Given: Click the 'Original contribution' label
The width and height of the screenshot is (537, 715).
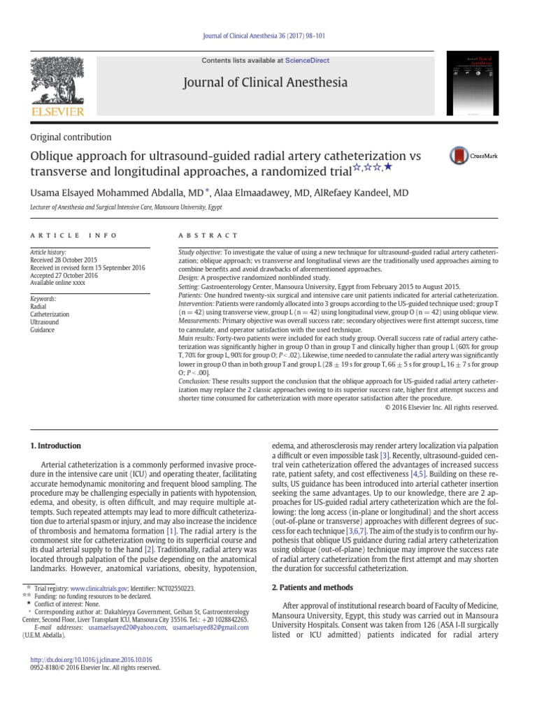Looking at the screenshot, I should coord(71,138).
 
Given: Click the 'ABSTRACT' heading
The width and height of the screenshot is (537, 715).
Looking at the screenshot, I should coord(208,236).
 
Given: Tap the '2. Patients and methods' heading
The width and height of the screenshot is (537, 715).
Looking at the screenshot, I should coord(312,587).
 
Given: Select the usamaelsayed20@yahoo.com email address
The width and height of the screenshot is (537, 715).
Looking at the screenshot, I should coord(124,628).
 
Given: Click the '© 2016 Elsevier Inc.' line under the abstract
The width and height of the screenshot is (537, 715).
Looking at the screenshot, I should coord(441,406).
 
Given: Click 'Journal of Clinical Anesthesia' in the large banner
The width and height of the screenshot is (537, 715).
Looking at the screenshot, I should coord(264,83).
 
